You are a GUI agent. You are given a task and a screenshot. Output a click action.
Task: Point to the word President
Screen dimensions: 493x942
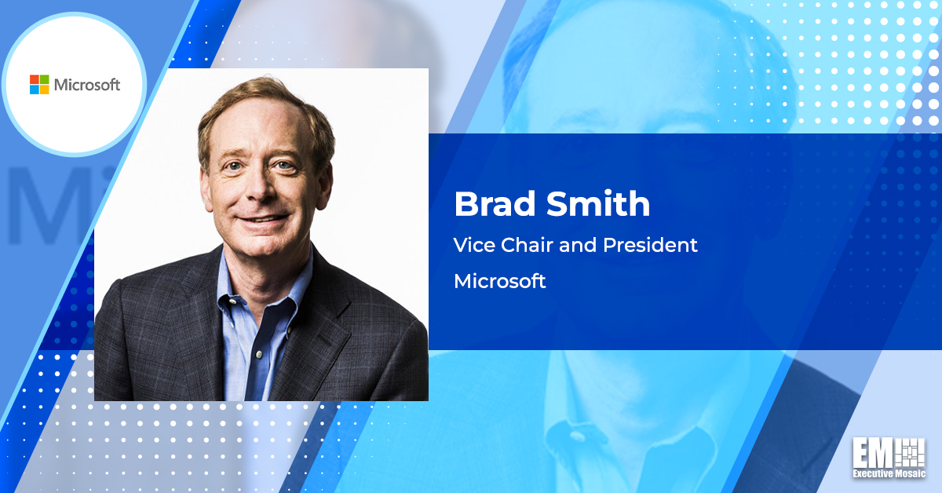(x=650, y=245)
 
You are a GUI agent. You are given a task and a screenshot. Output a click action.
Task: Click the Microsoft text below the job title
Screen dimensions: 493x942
(x=500, y=281)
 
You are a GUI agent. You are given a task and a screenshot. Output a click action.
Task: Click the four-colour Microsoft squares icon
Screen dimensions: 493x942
(x=39, y=85)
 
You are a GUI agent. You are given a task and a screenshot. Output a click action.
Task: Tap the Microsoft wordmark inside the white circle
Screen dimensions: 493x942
(x=86, y=85)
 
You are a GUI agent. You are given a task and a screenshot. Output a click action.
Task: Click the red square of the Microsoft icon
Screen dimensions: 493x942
(x=35, y=80)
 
